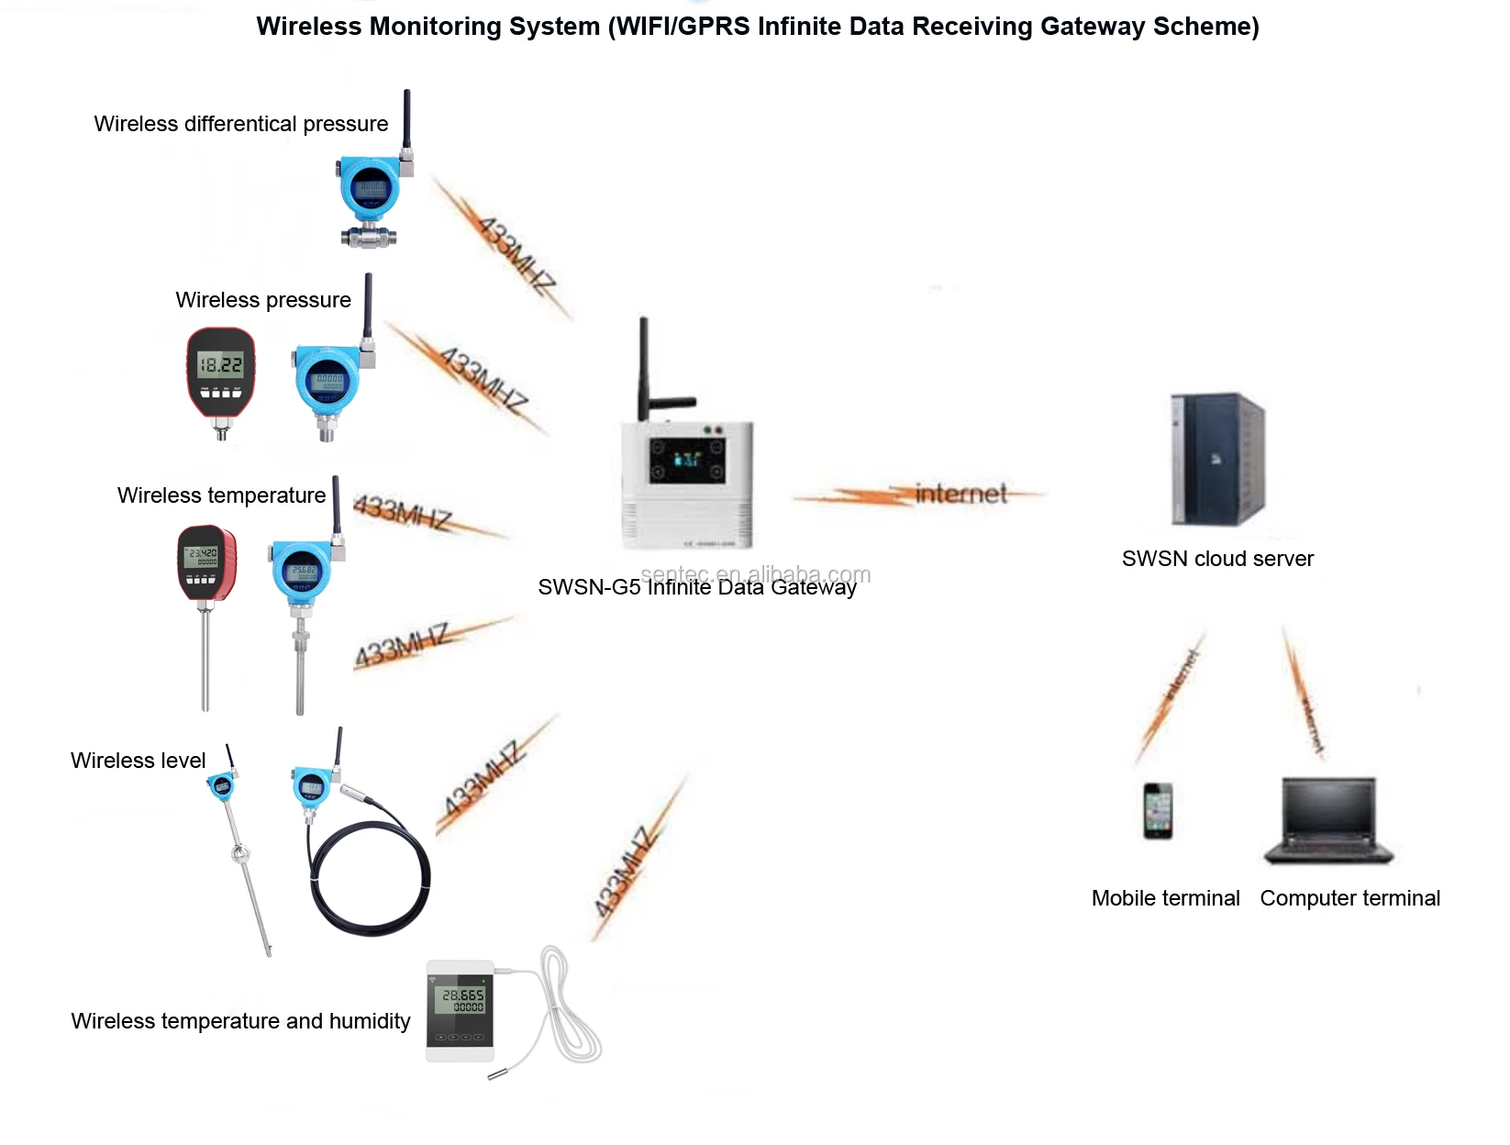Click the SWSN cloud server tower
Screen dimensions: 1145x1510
(1217, 459)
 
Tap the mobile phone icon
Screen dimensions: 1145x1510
(1158, 810)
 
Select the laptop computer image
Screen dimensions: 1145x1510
(1328, 820)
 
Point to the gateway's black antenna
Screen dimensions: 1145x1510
(644, 367)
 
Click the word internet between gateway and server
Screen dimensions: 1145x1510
(960, 495)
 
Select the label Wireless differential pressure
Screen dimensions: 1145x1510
(240, 124)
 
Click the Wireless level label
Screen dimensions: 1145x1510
(138, 761)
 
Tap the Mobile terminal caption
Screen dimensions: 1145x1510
(1165, 898)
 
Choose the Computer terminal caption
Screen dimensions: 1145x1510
(1349, 898)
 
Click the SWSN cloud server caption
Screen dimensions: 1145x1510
(1217, 559)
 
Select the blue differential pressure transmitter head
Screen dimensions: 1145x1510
(371, 190)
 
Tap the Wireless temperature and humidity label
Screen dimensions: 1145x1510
(240, 1021)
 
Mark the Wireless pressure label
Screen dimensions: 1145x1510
(263, 300)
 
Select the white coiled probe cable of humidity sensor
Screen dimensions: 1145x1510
(570, 1009)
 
